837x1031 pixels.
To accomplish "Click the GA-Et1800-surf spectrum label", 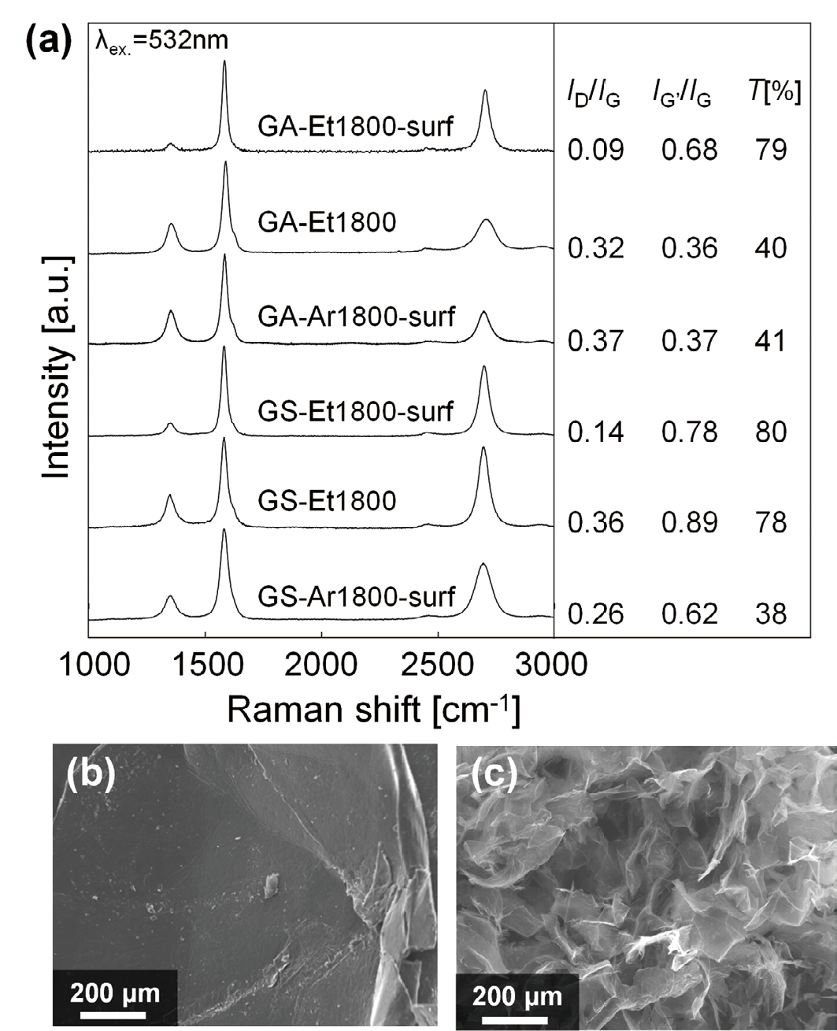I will pos(356,125).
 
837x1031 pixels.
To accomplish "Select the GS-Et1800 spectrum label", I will pos(327,500).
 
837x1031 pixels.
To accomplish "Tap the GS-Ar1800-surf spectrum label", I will pos(356,596).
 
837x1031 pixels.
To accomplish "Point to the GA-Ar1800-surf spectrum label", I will pos(356,316).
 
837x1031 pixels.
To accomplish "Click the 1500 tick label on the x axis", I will pos(205,665).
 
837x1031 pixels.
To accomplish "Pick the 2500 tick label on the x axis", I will pos(437,665).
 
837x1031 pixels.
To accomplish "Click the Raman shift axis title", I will pos(373,711).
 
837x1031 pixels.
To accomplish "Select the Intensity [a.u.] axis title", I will pos(56,367).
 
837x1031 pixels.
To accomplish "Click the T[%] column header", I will pos(775,95).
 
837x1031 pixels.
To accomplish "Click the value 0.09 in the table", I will pos(595,150).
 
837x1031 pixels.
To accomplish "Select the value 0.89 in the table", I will pos(689,523).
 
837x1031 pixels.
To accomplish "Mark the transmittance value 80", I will pos(770,432).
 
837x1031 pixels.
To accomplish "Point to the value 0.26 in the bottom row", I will pos(595,614).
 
